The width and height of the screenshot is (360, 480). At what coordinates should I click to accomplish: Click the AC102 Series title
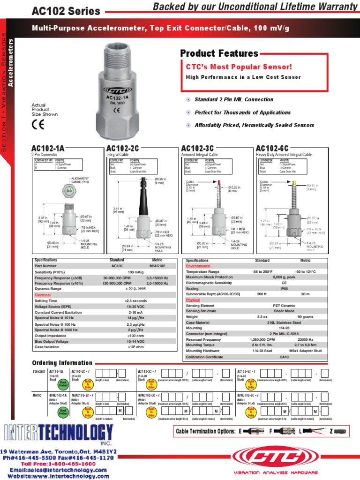point(66,11)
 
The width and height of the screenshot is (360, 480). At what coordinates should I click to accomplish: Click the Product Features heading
point(219,53)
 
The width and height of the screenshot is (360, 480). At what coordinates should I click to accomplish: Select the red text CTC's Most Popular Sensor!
point(239,67)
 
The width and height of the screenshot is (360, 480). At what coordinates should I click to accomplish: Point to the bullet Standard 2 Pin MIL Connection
point(234,99)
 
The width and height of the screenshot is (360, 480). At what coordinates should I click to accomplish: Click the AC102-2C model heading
point(123,149)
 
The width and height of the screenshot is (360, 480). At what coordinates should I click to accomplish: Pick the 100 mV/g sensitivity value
point(135,271)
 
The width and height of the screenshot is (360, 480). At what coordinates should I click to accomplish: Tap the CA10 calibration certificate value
point(284,356)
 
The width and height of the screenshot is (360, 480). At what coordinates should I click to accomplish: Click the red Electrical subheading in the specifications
point(43,295)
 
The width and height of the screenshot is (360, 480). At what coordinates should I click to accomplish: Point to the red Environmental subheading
point(198,266)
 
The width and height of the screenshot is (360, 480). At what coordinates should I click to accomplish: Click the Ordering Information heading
point(62,363)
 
